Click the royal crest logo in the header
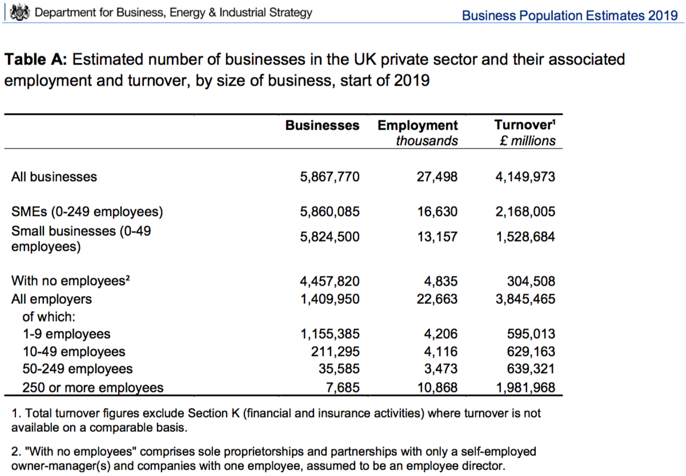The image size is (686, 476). [21, 12]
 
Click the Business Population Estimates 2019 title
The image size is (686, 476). [569, 15]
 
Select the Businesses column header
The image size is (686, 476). [322, 125]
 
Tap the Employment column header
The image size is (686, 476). [418, 125]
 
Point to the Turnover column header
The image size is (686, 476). [524, 125]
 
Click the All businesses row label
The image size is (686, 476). [54, 177]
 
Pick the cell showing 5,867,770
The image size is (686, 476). [330, 177]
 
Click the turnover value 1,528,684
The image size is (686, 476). [525, 237]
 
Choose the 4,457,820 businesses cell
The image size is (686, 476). [330, 281]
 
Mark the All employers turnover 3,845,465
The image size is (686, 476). [525, 299]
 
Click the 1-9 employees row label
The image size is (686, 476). [66, 334]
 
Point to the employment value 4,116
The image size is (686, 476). [442, 351]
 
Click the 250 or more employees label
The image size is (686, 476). [93, 388]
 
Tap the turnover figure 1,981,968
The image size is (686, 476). [525, 388]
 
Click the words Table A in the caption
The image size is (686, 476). [36, 59]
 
